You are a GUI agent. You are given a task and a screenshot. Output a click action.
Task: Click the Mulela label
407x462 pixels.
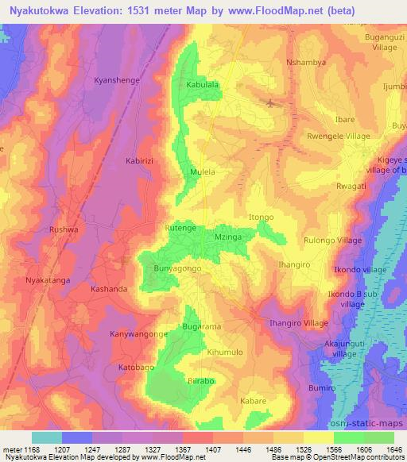tap(203, 171)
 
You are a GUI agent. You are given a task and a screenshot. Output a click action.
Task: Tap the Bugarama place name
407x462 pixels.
tap(201, 326)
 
